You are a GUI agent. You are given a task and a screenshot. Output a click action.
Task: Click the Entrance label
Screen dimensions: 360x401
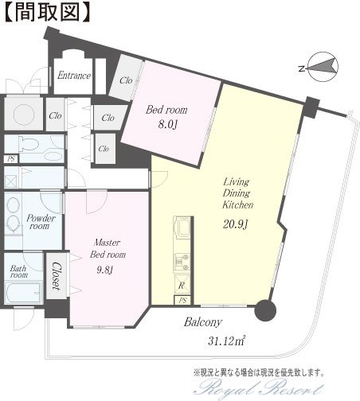click(x=74, y=76)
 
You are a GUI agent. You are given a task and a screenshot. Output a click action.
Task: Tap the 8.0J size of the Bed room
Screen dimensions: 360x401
click(x=167, y=124)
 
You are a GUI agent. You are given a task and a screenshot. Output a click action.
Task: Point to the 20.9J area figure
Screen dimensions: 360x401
click(x=235, y=224)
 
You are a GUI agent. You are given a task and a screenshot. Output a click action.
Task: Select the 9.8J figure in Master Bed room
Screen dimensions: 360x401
click(x=105, y=270)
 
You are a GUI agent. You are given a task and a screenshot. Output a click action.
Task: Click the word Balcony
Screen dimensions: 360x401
click(x=203, y=322)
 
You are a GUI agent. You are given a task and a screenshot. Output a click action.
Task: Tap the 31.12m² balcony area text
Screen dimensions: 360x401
click(x=226, y=341)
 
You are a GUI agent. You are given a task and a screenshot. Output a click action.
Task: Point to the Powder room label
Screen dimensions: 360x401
click(x=41, y=222)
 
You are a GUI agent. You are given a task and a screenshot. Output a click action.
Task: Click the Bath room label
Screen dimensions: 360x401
click(x=18, y=271)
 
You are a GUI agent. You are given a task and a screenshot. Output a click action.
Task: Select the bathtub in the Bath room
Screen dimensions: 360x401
click(x=23, y=293)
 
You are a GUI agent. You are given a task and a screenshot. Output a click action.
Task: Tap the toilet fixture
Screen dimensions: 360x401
click(x=29, y=142)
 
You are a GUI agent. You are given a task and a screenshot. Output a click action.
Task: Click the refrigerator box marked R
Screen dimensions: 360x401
click(x=182, y=286)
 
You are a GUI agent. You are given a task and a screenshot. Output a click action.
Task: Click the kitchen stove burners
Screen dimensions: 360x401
click(x=182, y=262)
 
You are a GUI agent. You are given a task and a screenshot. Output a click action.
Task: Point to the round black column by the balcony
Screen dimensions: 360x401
click(x=265, y=310)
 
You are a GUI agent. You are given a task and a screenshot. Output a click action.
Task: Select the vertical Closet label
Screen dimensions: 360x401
click(x=56, y=276)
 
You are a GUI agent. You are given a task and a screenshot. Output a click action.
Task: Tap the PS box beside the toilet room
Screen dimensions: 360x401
click(x=11, y=159)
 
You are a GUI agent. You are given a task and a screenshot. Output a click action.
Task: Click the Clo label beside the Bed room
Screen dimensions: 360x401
click(x=126, y=80)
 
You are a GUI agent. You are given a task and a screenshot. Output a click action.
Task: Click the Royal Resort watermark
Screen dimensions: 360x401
click(x=259, y=389)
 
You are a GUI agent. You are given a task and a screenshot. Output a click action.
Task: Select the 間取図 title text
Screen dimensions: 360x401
click(x=47, y=12)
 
